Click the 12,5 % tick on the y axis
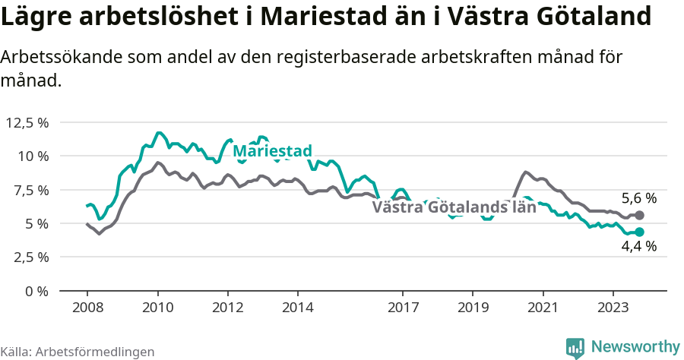click(27, 122)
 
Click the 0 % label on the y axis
click(37, 291)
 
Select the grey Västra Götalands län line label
click(454, 207)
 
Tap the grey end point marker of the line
click(639, 216)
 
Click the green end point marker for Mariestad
click(639, 232)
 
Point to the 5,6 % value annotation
click(638, 198)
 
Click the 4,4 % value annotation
click(638, 247)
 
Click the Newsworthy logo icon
click(575, 347)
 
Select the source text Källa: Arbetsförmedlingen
click(78, 352)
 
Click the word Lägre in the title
click(39, 17)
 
